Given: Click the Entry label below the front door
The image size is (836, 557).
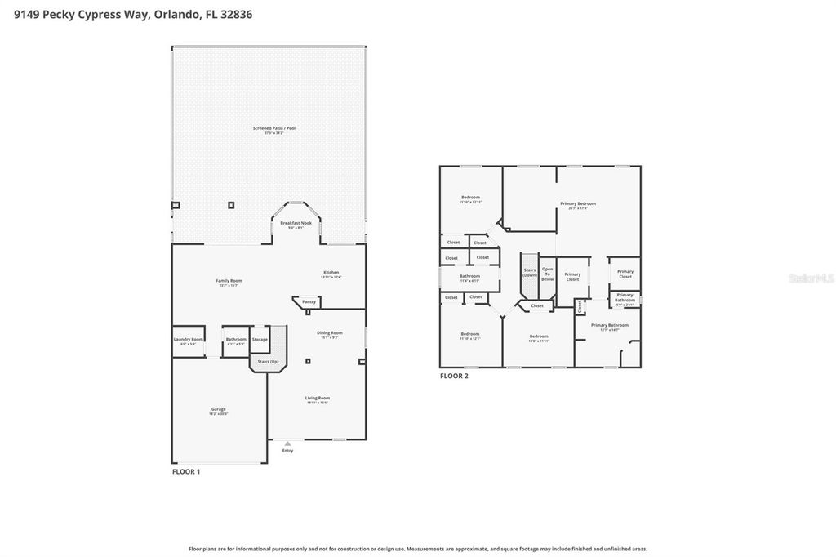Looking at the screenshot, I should [287, 450].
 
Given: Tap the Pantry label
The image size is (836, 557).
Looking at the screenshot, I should [309, 301].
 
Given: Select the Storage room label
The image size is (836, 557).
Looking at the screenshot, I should [260, 339].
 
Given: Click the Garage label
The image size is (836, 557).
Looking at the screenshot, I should [218, 409].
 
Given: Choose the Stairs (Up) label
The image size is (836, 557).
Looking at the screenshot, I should [268, 361].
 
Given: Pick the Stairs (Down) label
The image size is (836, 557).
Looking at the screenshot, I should [530, 273].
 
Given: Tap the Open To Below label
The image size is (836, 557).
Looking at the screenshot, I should [547, 274].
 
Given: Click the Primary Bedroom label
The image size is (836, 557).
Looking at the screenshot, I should [577, 203].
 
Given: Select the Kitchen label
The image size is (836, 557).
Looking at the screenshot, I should [331, 273].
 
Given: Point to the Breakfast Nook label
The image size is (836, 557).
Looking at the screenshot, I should [296, 223].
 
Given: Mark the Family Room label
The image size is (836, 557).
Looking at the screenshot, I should [229, 281].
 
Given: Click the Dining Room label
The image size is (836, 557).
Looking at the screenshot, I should [330, 332].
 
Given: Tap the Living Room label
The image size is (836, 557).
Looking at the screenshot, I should [318, 398].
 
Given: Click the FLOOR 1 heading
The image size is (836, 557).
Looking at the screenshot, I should [185, 471].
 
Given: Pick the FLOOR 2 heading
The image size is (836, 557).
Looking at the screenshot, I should [453, 376].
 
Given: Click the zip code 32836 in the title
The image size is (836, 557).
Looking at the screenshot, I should [233, 14].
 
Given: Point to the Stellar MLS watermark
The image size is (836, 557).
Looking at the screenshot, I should [811, 278].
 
